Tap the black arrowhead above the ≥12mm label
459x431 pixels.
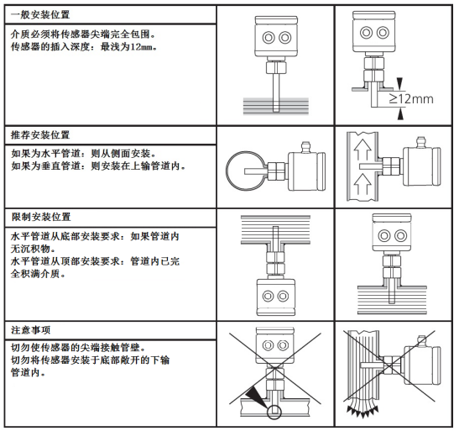coord(399,83)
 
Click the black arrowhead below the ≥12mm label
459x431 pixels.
coord(399,112)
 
